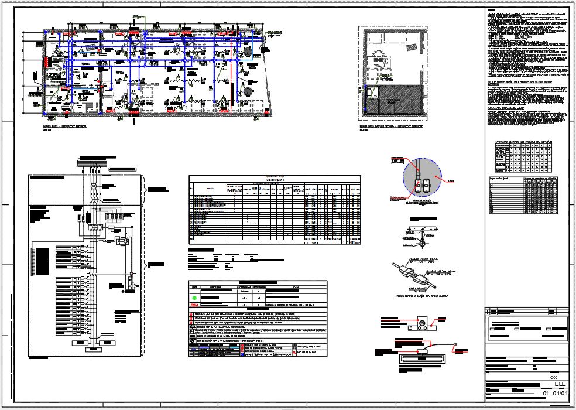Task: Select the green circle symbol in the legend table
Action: [195, 297]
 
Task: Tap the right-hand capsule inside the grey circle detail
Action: [427, 184]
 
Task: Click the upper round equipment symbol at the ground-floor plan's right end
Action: [248, 52]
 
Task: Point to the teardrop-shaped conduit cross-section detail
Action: [421, 241]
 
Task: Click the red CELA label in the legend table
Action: [195, 305]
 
